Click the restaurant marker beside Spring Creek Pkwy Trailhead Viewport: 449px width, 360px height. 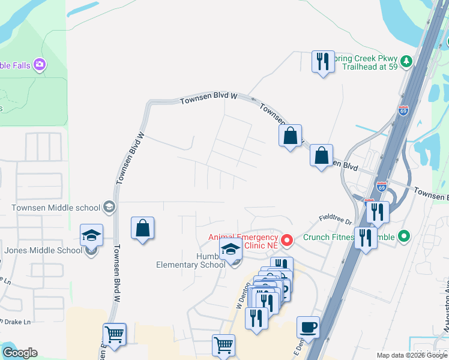pyautogui.click(x=323, y=62)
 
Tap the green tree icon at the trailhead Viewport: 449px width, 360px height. pyautogui.click(x=406, y=61)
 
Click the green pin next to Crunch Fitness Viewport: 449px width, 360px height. pyautogui.click(x=404, y=236)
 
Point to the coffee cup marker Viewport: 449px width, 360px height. pyautogui.click(x=308, y=328)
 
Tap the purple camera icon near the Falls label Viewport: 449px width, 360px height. pyautogui.click(x=40, y=64)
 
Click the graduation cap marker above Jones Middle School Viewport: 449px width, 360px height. pyautogui.click(x=92, y=235)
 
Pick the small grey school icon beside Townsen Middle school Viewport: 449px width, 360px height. pyautogui.click(x=109, y=208)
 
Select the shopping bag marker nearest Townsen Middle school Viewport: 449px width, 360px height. pyautogui.click(x=142, y=228)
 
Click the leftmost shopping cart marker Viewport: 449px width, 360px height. pyautogui.click(x=114, y=334)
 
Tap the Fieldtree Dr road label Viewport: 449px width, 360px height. pyautogui.click(x=335, y=221)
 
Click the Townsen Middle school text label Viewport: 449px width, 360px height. pyautogui.click(x=56, y=208)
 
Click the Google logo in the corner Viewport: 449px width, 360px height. pyautogui.click(x=20, y=353)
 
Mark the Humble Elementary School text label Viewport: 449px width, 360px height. pyautogui.click(x=191, y=260)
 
